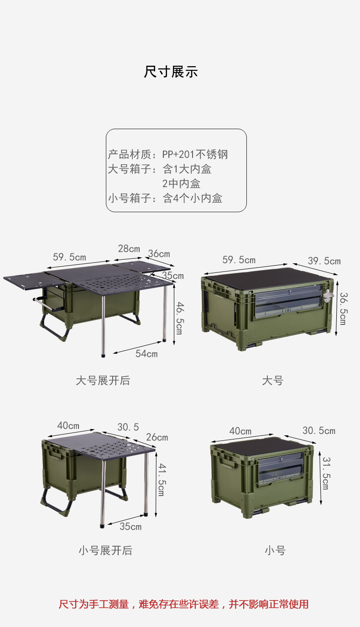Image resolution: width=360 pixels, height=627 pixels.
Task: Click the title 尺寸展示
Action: tap(171, 72)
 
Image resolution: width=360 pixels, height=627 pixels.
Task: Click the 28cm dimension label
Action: tap(129, 249)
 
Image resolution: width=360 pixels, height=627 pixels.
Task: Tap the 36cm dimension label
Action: tap(159, 254)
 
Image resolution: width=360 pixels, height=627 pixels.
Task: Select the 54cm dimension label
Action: tap(146, 354)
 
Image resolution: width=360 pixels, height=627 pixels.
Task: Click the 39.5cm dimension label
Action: tap(324, 261)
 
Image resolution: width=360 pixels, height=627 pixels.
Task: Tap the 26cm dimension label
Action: tap(157, 437)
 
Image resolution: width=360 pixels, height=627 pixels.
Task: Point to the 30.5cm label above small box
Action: tap(318, 431)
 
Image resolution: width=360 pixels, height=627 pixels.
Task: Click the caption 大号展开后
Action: tap(103, 381)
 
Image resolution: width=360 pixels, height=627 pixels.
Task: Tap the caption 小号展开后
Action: tap(105, 550)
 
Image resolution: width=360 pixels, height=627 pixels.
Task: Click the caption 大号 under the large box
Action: tap(272, 381)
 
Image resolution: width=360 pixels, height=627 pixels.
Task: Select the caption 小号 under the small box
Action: tap(275, 550)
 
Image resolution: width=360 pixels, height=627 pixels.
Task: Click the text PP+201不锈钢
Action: tap(195, 154)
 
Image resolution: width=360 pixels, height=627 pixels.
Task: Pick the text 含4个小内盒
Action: tap(193, 199)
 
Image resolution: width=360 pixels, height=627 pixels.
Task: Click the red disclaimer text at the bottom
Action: tap(184, 604)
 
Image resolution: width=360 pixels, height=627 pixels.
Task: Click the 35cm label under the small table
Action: tap(130, 527)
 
